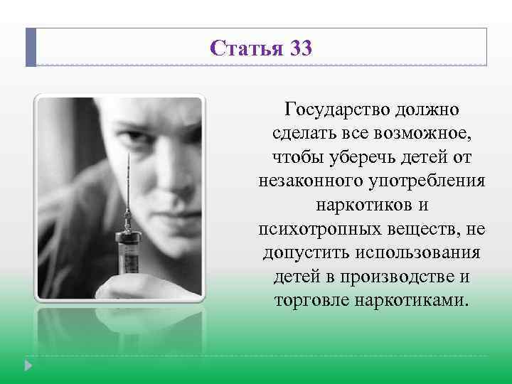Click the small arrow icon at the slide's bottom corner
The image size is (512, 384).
coord(29,366)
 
